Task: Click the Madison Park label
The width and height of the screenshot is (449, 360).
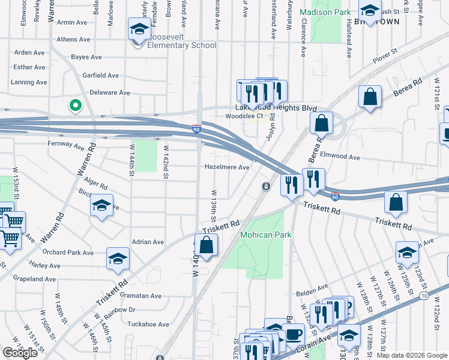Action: click(x=325, y=12)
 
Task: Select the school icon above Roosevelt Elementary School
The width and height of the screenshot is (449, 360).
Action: click(x=139, y=29)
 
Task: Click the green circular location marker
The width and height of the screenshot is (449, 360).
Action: click(x=75, y=106)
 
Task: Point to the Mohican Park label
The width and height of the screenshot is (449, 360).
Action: click(x=266, y=235)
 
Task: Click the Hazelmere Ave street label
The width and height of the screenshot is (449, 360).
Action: click(x=227, y=167)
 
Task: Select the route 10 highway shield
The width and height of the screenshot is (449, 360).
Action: click(x=425, y=296)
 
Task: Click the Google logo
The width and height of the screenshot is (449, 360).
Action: click(x=20, y=352)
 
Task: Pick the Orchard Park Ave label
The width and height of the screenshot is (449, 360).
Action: click(x=68, y=253)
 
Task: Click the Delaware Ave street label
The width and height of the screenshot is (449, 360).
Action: click(x=109, y=93)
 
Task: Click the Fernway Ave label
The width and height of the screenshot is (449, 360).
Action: click(x=65, y=145)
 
